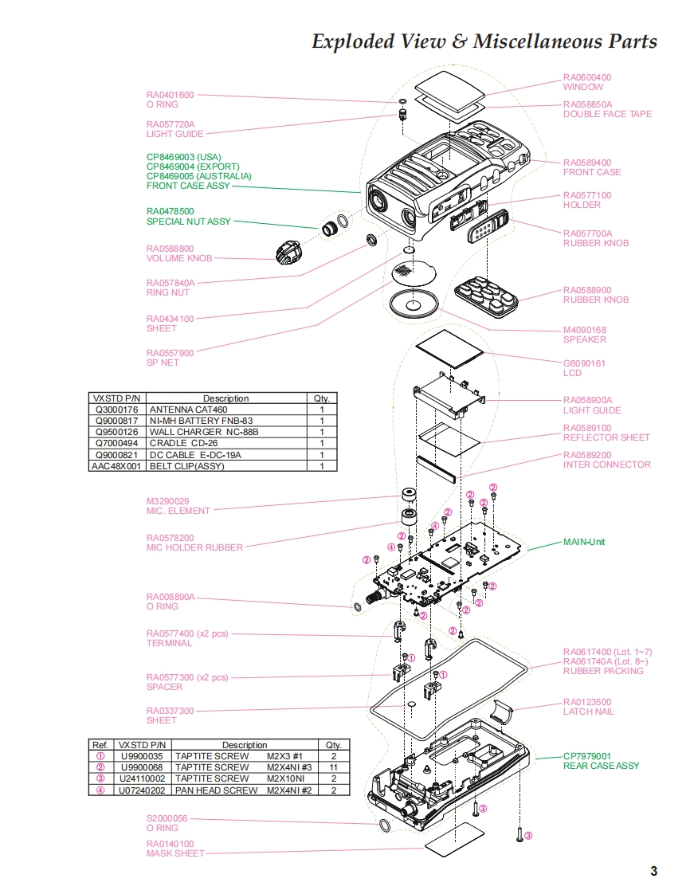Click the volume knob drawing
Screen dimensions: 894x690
coord(288,253)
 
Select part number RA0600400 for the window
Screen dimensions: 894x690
coord(587,77)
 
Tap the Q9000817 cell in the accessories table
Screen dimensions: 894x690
coord(116,421)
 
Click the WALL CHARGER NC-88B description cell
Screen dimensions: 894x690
coord(204,432)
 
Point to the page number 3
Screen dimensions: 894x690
coord(653,871)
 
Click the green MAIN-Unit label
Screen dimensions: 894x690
coord(584,542)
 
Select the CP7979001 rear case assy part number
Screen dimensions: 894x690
coord(587,756)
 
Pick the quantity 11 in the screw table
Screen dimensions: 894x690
coord(333,767)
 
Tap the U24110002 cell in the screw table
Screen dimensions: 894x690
coord(141,778)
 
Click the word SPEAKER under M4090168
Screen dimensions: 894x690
coord(584,339)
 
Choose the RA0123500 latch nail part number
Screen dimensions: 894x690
coord(587,702)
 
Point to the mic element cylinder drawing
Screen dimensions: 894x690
coord(411,494)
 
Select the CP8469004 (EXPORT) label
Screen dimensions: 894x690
coord(192,166)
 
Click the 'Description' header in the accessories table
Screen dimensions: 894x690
coord(225,398)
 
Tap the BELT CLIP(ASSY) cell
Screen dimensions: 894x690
coord(187,466)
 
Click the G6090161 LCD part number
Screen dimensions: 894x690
coord(584,363)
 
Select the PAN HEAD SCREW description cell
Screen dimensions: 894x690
coord(216,790)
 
